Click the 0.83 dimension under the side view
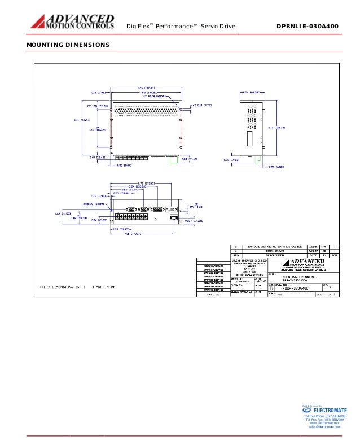[275, 166]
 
